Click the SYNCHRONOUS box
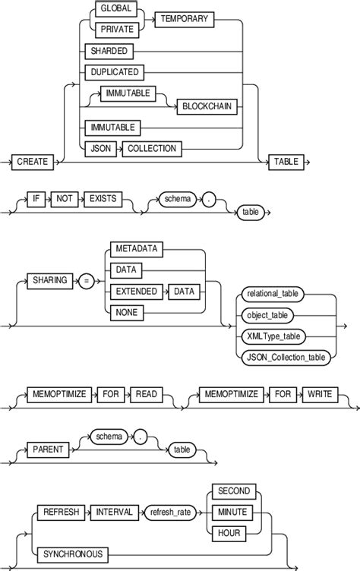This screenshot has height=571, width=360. pyautogui.click(x=72, y=554)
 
